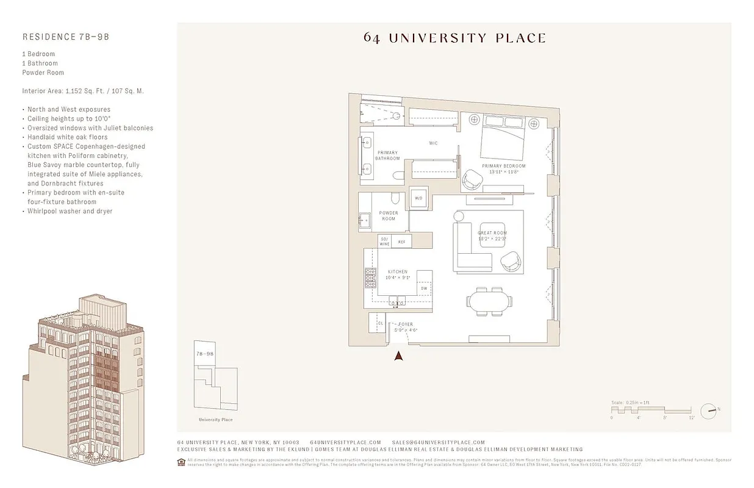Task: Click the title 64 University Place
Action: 454,38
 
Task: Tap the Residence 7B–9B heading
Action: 66,37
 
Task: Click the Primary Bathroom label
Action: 387,156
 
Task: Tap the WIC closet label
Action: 433,143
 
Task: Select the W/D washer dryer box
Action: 419,198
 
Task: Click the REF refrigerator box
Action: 401,242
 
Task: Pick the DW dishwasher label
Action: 423,289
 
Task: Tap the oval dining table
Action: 488,301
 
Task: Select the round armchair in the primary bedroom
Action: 473,179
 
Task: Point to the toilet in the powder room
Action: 395,198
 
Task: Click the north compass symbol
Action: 708,411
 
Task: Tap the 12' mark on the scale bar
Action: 691,418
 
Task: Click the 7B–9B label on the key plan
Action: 204,354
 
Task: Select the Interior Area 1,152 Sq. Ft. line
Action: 83,91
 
